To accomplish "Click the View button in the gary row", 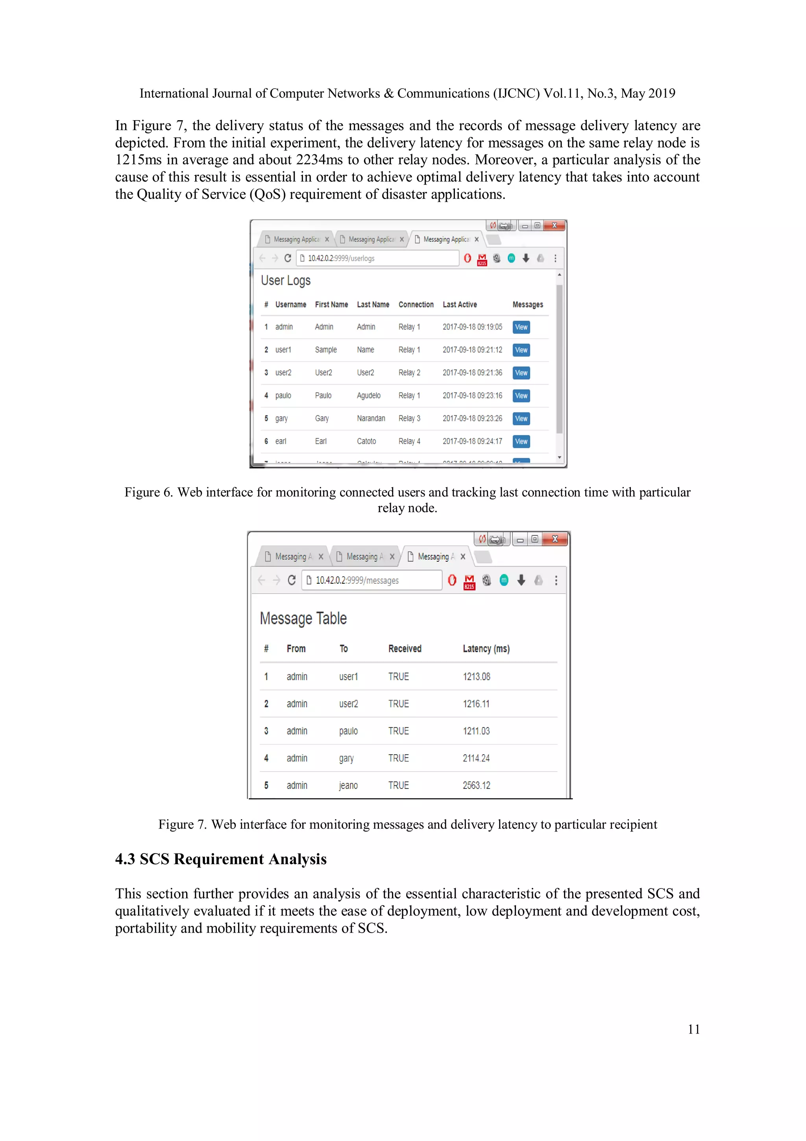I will tap(521, 418).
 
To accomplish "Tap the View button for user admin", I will tap(521, 327).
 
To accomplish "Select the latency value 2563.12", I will tap(476, 785).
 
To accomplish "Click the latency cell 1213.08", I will tap(476, 676).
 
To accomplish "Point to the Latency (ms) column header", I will tap(486, 649).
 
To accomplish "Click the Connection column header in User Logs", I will tap(416, 304).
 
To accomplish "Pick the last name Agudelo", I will tap(368, 395).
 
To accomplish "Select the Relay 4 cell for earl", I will tap(409, 441).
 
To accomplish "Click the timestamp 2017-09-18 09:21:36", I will tap(472, 373).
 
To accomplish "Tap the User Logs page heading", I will tap(286, 281).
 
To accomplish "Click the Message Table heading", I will tap(303, 619).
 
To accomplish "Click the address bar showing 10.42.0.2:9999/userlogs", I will tap(377, 258).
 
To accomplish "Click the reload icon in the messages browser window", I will tap(292, 580).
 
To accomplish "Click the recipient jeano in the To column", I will tap(348, 785).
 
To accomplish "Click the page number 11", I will tap(693, 1029).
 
